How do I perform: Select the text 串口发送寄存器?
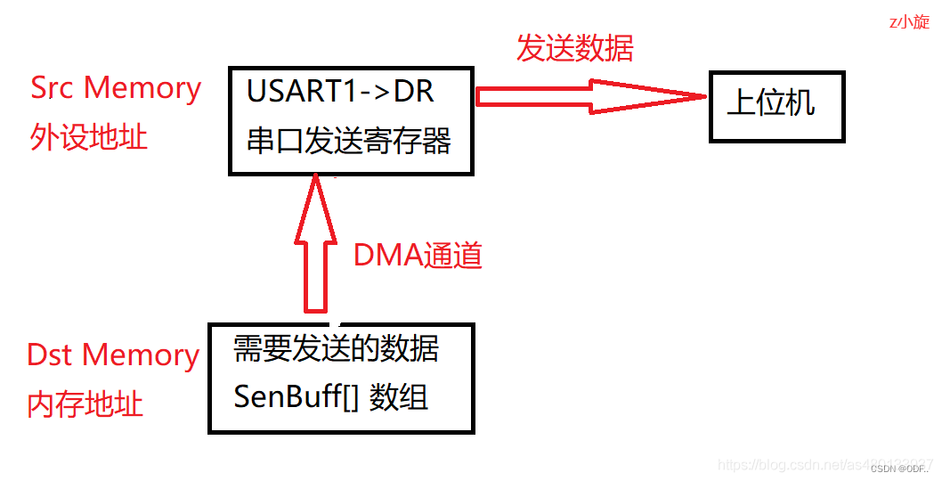pos(349,141)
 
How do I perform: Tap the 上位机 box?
pos(776,105)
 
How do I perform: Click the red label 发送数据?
pos(574,48)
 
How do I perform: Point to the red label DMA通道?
pos(418,256)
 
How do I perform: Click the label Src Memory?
pos(116,87)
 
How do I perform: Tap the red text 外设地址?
pos(89,137)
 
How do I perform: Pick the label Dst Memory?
pos(113,355)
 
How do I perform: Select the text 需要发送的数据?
pos(336,348)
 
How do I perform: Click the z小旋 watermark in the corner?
pos(909,22)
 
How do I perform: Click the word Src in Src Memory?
pos(54,87)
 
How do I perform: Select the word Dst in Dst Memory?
pos(51,355)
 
